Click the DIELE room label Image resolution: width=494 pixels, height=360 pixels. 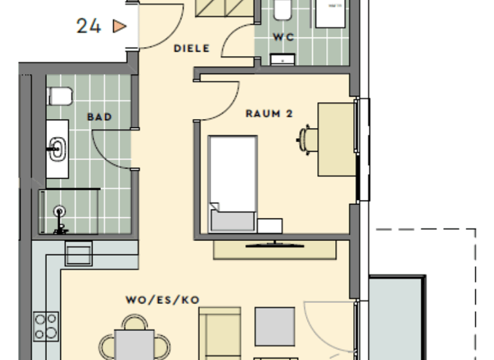pyautogui.click(x=192, y=48)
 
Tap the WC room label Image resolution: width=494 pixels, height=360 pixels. pyautogui.click(x=283, y=37)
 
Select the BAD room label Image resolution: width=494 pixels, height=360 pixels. pyautogui.click(x=100, y=117)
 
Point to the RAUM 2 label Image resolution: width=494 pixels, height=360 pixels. pyautogui.click(x=270, y=114)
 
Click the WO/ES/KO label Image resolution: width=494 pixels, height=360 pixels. pyautogui.click(x=163, y=300)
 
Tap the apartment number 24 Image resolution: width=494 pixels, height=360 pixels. pyautogui.click(x=89, y=26)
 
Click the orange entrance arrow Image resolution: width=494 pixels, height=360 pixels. pyautogui.click(x=119, y=26)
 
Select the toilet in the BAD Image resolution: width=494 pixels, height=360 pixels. pyautogui.click(x=59, y=96)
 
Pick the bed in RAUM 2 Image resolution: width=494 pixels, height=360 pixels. pyautogui.click(x=233, y=183)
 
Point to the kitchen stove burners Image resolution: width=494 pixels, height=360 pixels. pyautogui.click(x=46, y=326)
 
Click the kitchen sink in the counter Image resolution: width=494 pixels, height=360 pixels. pyautogui.click(x=78, y=253)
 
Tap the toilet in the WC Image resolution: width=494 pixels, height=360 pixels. pyautogui.click(x=282, y=9)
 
